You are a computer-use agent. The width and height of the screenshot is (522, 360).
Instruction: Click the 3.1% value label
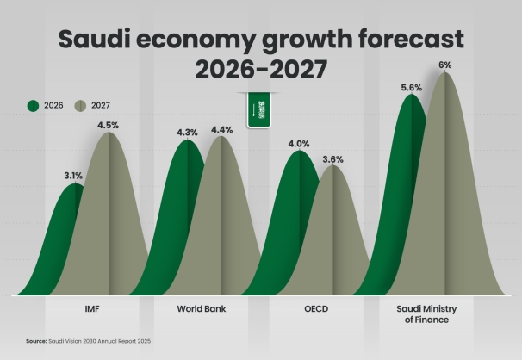[x=73, y=176]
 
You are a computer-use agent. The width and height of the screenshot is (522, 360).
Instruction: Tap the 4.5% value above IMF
[x=109, y=124]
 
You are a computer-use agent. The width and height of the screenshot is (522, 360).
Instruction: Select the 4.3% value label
[x=187, y=133]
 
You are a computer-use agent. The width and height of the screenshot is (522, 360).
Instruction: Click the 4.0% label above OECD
[x=299, y=144]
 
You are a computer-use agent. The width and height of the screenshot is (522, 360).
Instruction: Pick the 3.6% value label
[x=332, y=158]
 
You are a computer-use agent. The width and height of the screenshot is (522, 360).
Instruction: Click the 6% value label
[x=445, y=65]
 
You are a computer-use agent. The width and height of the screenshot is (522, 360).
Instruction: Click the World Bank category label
[x=202, y=307]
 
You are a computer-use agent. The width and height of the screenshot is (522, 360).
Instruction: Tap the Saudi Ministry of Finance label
[x=429, y=313]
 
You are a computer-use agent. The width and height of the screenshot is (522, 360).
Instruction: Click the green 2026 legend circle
[x=34, y=105]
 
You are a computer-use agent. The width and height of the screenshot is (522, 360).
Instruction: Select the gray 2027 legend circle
[x=79, y=105]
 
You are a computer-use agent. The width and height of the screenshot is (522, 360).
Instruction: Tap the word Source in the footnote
[x=36, y=341]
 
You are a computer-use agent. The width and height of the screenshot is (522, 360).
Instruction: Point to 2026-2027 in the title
[x=261, y=70]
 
